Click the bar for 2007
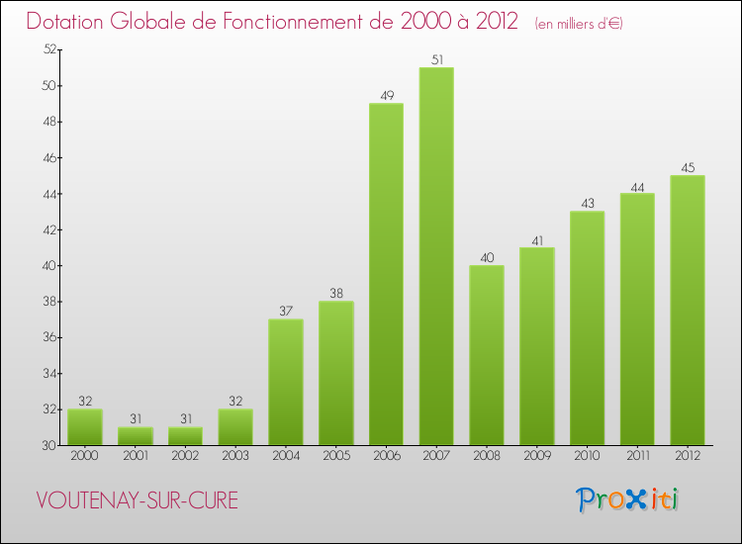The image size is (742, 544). (436, 256)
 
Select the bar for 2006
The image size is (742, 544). (386, 274)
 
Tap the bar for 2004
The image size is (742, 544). (285, 382)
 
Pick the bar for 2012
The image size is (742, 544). (688, 310)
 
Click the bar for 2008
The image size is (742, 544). (487, 355)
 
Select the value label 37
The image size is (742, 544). (285, 312)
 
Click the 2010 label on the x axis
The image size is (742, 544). (587, 457)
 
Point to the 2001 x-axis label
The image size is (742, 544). (135, 457)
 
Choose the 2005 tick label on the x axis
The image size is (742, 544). (335, 457)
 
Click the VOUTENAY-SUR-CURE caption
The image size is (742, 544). (137, 500)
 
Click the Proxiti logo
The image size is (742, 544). (628, 499)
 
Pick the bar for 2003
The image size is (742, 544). (235, 427)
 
